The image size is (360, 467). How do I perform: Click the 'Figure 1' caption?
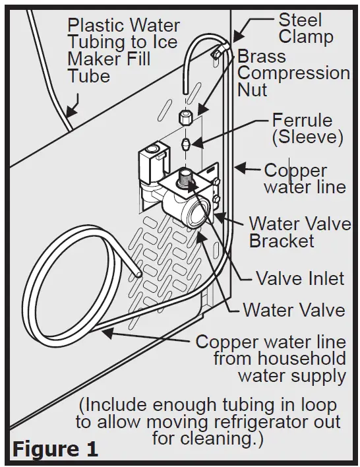click(x=56, y=449)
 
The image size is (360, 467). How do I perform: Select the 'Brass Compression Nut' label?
click(x=293, y=73)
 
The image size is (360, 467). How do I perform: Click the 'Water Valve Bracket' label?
click(x=299, y=232)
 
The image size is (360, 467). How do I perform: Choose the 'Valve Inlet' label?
click(x=300, y=278)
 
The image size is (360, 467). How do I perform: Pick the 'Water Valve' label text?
click(x=293, y=309)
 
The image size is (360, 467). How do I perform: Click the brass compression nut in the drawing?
click(x=186, y=119)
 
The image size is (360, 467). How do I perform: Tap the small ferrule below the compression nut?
click(x=187, y=142)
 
